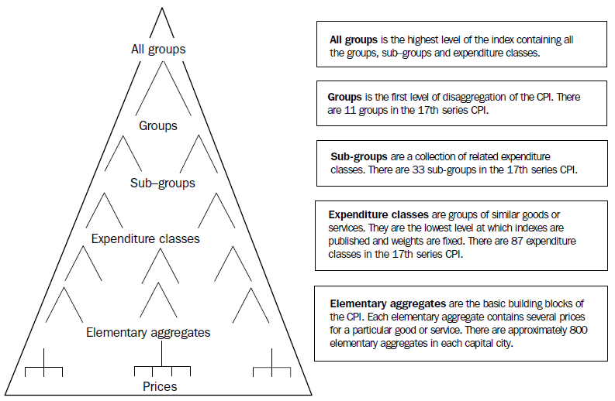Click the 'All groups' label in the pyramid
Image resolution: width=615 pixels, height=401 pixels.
pyautogui.click(x=158, y=50)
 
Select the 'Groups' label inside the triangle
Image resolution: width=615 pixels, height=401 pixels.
pyautogui.click(x=158, y=125)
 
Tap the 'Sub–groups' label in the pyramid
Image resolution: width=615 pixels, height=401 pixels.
pyautogui.click(x=162, y=183)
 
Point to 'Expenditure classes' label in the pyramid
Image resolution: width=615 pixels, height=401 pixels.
pyautogui.click(x=145, y=239)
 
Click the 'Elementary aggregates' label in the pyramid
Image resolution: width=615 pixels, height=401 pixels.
pyautogui.click(x=148, y=333)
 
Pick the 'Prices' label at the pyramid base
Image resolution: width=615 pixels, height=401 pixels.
pyautogui.click(x=160, y=386)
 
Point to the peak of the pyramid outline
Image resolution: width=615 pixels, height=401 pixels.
pyautogui.click(x=161, y=9)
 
